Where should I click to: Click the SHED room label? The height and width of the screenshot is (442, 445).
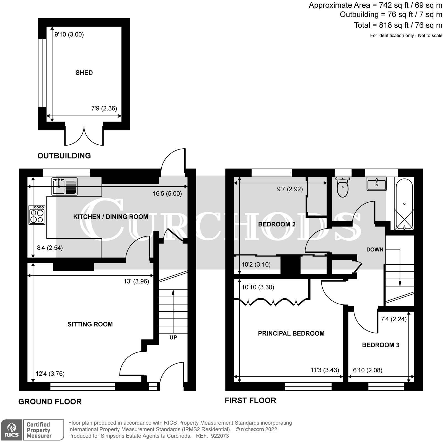(x=84, y=73)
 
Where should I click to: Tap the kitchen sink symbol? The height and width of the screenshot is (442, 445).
(x=64, y=186)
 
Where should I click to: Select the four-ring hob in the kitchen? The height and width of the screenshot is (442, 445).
(x=37, y=215)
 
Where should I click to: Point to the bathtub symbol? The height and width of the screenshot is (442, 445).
(x=404, y=204)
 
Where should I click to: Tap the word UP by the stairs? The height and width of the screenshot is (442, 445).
(x=173, y=337)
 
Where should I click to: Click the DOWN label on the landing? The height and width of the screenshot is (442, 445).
(x=375, y=249)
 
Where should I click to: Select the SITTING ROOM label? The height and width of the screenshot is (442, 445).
(x=90, y=324)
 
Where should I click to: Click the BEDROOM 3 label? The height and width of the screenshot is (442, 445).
(x=381, y=345)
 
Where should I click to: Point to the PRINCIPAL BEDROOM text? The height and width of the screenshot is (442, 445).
(x=291, y=333)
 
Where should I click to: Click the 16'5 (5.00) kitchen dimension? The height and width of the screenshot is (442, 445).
(x=167, y=193)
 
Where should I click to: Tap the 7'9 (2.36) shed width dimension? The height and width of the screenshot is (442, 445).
(x=104, y=108)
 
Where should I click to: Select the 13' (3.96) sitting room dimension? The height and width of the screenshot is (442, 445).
(x=136, y=281)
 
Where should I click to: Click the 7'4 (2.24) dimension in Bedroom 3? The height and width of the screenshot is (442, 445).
(x=394, y=319)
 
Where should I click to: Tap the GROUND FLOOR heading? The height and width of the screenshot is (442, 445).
(x=50, y=401)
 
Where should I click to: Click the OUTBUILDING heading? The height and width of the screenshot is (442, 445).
(x=64, y=156)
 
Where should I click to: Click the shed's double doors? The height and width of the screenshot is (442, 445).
(x=84, y=136)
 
